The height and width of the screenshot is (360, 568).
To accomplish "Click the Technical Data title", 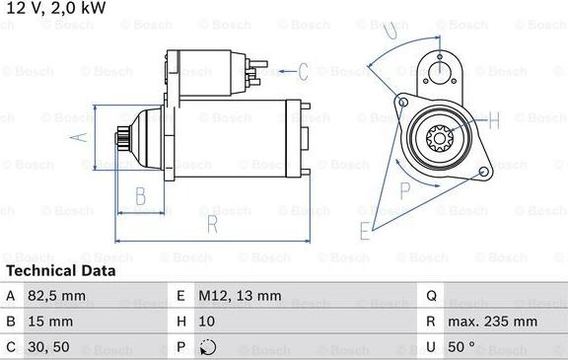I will pos(60,270).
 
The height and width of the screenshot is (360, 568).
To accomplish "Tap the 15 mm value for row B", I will pos(50,322).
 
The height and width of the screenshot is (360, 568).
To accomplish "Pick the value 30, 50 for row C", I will pos(48,347).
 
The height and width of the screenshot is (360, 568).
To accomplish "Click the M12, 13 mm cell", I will pos(242,295).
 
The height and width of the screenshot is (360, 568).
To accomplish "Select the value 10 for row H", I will pos(206,322).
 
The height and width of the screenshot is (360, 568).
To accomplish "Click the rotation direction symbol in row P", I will pos(206,347).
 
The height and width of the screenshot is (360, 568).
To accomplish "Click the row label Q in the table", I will pos(431,295).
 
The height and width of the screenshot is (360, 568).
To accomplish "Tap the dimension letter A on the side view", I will pos(79,137).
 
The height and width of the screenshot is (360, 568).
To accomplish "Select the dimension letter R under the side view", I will pos(211,224).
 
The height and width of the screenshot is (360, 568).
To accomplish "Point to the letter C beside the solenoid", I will pos(303,70).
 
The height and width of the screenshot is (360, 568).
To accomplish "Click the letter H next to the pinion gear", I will pos(494,121).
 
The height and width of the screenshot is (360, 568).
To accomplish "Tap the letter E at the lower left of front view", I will pos(365,232).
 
